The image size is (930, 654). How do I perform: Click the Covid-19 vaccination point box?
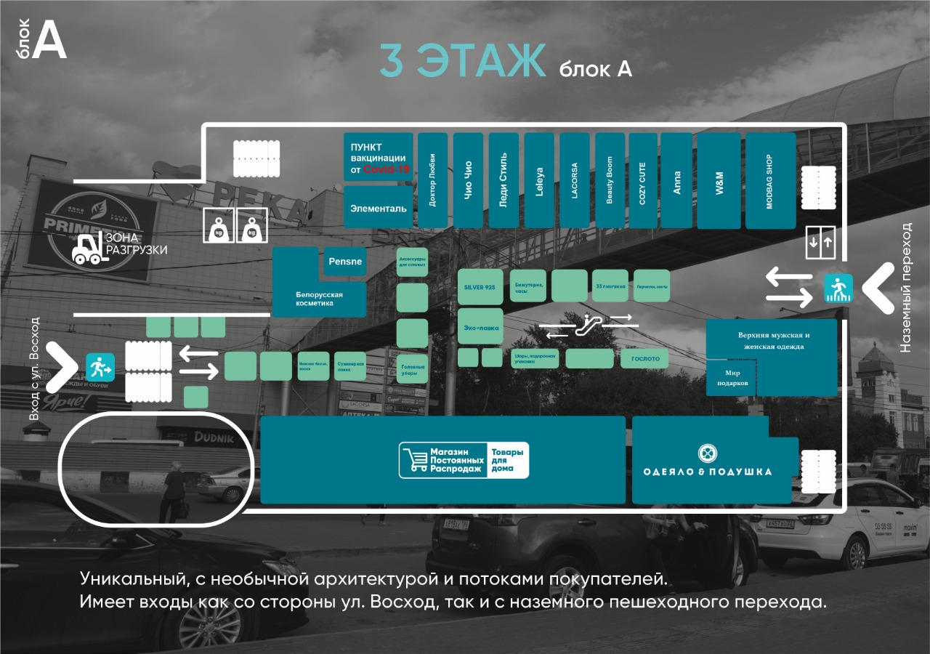pyautogui.click(x=378, y=157)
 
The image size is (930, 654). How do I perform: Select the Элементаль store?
pyautogui.click(x=378, y=207)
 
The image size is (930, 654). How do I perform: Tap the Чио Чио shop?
pyautogui.click(x=468, y=180)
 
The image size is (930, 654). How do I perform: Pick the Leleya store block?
pyautogui.click(x=539, y=180)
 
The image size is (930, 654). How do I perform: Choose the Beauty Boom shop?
pyautogui.click(x=610, y=180)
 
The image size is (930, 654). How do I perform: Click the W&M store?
pyautogui.click(x=719, y=180)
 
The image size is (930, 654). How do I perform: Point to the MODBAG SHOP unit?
pyautogui.click(x=770, y=180)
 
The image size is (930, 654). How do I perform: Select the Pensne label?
pyautogui.click(x=345, y=261)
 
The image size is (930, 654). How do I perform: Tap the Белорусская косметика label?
pyautogui.click(x=319, y=299)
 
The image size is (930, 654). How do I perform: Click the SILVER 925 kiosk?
pyautogui.click(x=480, y=287)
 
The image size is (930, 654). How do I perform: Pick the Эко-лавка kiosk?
pyautogui.click(x=480, y=328)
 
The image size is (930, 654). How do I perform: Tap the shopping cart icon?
pyautogui.click(x=414, y=461)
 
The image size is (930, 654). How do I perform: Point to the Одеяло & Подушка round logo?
pyautogui.click(x=708, y=453)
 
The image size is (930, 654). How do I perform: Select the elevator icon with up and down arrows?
pyautogui.click(x=822, y=242)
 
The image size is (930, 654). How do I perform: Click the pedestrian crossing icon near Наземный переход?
pyautogui.click(x=838, y=288)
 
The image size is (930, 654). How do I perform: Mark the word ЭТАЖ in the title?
pyautogui.click(x=480, y=61)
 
